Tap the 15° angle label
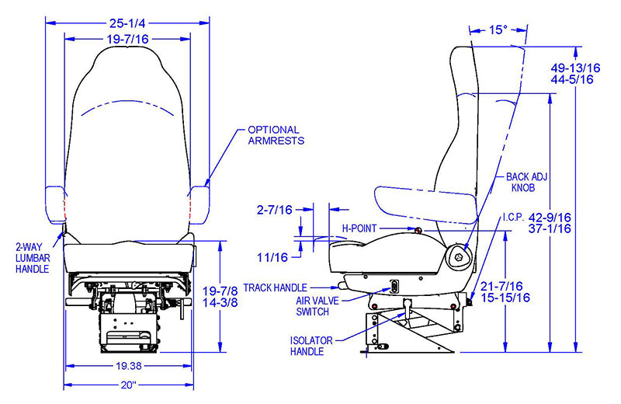498,30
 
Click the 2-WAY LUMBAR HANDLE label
32,256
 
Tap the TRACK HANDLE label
275,287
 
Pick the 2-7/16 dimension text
275,210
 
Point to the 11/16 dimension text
273,256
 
